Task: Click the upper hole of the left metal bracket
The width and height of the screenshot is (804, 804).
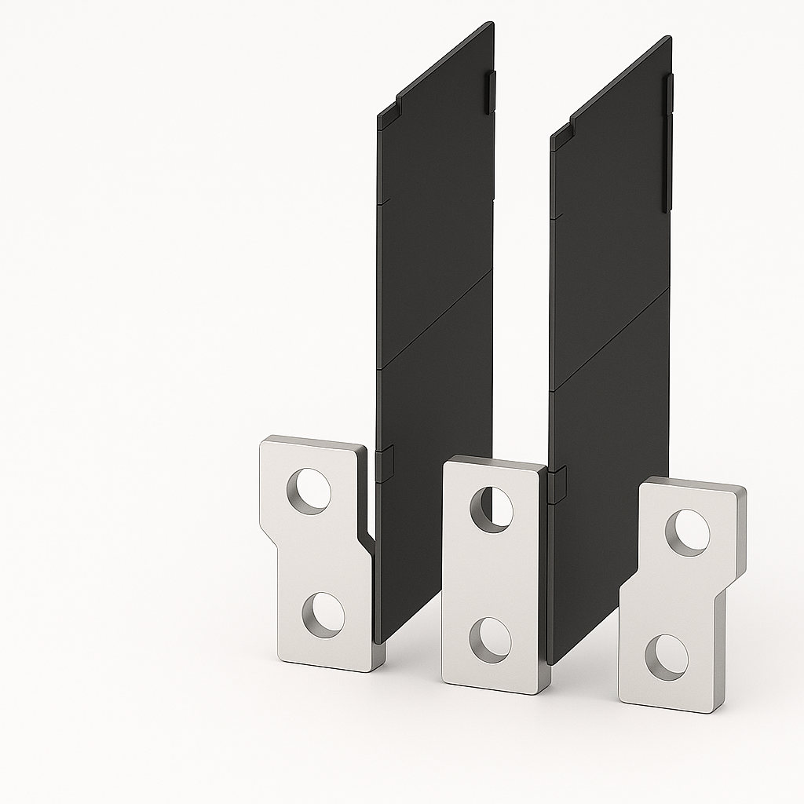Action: pos(309,492)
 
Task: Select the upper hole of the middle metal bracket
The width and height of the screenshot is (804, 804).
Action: pos(492,510)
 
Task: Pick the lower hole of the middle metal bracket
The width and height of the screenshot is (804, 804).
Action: pos(490,639)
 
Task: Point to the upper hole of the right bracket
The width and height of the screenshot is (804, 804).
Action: pos(688,532)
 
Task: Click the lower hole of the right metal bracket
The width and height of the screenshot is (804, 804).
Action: pos(667,657)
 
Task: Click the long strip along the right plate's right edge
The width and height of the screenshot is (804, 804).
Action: pos(667,141)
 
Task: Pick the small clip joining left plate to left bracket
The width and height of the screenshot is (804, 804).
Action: pos(384,463)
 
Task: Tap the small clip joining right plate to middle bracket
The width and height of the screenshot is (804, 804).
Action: pos(557,484)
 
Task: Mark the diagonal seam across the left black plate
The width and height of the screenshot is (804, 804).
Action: pos(436,318)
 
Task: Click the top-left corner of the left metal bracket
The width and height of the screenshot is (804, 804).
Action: pos(264,441)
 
